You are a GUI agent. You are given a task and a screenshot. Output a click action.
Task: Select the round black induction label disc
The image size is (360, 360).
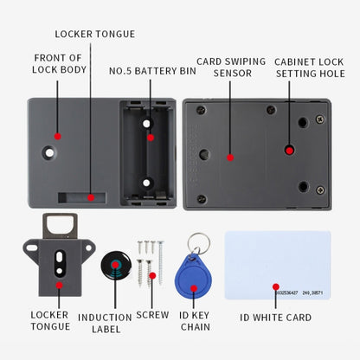115,267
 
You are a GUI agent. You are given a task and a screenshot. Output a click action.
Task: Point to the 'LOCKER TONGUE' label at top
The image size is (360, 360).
95,34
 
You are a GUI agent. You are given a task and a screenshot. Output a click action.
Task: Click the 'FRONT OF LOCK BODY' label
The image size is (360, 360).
58,64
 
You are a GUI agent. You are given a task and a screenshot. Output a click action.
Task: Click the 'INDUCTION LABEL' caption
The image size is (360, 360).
105,323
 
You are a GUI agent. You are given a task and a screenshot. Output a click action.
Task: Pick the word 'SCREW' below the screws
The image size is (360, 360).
152,315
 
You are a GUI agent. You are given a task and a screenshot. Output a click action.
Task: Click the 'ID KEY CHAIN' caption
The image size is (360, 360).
195,320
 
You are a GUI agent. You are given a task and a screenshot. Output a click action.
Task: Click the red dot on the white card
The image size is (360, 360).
276,286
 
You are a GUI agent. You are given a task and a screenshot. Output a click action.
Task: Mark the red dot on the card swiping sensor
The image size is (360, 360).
229,157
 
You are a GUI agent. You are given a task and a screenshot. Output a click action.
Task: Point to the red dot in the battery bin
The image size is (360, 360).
150,137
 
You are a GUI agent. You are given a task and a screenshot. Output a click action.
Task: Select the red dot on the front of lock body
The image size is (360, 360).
57,136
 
